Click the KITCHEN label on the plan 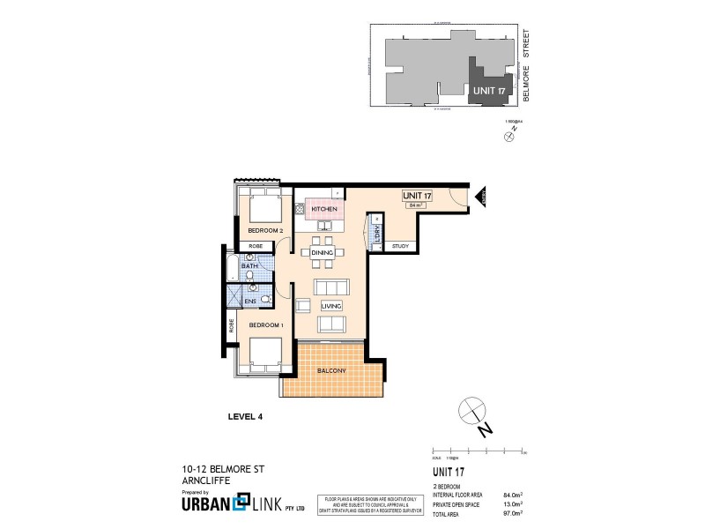[312, 209]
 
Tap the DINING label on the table [321, 253]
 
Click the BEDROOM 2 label [263, 231]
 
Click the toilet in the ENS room [263, 300]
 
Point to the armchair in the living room [303, 306]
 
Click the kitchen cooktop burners [300, 209]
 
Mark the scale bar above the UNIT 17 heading [484, 451]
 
